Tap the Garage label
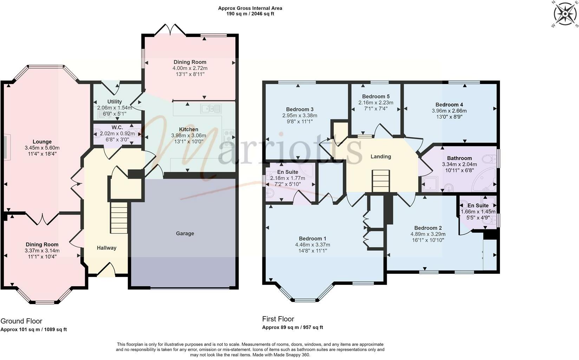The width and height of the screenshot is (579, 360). (185, 233)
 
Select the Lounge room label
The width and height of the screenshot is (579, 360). (42, 142)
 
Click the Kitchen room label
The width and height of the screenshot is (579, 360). (188, 129)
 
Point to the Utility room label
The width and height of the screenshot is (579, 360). (115, 102)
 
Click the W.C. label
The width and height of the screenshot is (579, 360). (117, 128)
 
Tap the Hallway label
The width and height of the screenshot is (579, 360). (106, 248)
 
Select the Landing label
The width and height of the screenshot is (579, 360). (381, 156)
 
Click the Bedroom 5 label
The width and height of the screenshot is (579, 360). (376, 96)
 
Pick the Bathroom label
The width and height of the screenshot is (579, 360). (459, 158)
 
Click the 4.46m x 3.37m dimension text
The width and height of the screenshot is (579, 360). (312, 245)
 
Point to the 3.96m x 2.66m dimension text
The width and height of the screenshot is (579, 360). (449, 111)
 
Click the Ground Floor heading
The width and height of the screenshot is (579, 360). (21, 321)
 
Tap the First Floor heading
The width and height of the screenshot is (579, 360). (278, 319)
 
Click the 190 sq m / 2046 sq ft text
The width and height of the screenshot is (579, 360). (250, 14)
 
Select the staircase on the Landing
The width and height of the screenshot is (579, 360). (381, 181)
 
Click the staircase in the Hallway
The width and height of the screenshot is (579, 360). (119, 218)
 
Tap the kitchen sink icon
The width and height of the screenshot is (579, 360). (211, 109)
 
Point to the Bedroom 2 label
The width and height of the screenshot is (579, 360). (428, 228)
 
